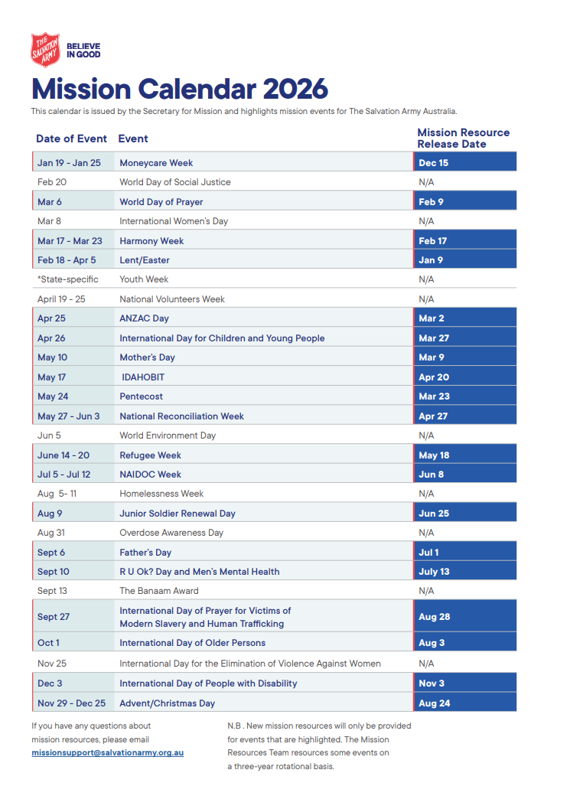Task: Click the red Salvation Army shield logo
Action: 45,50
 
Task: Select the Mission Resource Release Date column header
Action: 463,138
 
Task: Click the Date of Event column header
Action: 71,139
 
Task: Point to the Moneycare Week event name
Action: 156,163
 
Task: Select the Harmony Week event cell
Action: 151,241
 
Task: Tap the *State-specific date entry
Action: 67,279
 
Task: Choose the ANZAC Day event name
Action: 144,318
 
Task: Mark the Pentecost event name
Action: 141,396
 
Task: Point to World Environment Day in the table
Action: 168,435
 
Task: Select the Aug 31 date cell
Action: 50,533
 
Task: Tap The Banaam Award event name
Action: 158,591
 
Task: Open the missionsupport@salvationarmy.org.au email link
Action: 107,752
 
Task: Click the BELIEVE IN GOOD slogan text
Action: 83,51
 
